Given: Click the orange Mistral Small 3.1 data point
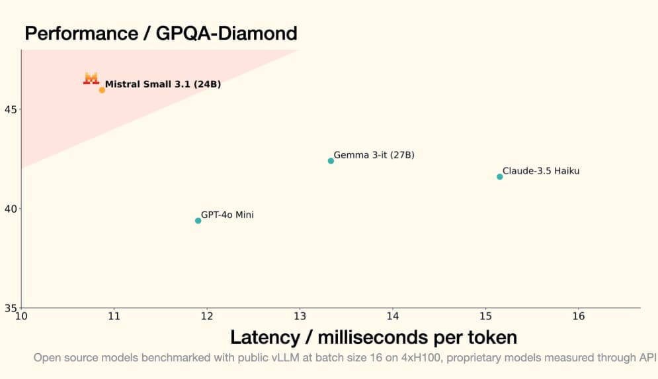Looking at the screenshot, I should (x=102, y=89).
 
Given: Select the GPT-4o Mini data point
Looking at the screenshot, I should (x=198, y=221).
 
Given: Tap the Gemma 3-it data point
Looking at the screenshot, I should (x=331, y=161).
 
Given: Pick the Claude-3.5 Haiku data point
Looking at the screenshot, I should (x=499, y=176).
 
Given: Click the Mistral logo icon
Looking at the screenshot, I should (x=91, y=78).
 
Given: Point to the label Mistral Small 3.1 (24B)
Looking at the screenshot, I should (x=163, y=84).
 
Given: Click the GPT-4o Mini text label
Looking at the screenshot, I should (x=227, y=215).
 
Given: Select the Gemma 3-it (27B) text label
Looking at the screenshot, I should (x=374, y=155).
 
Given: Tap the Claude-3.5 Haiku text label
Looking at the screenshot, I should (x=541, y=171).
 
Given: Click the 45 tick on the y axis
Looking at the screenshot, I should (x=11, y=109).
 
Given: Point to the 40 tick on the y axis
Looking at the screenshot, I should (x=11, y=208).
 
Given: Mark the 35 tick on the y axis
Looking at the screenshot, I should (x=11, y=307).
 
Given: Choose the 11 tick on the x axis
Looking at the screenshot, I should (x=114, y=316).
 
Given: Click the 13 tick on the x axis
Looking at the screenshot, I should (x=300, y=316).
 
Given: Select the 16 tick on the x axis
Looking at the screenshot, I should (x=579, y=316).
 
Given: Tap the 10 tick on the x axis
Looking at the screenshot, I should (x=21, y=316).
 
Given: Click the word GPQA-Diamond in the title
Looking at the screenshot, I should (x=226, y=32).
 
